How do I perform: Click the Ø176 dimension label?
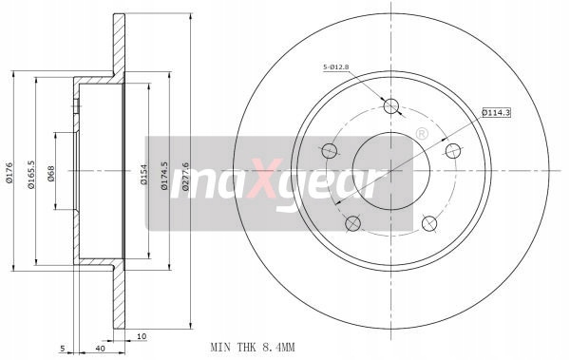[9, 172]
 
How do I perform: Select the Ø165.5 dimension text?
[31, 175]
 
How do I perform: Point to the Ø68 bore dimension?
[50, 174]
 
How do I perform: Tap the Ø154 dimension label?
[144, 175]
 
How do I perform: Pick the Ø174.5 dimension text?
[164, 176]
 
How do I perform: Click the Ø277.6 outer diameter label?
[185, 177]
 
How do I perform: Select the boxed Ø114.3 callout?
[496, 113]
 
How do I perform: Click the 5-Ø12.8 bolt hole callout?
[336, 66]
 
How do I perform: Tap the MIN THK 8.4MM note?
[253, 348]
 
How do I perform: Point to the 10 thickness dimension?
[142, 336]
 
